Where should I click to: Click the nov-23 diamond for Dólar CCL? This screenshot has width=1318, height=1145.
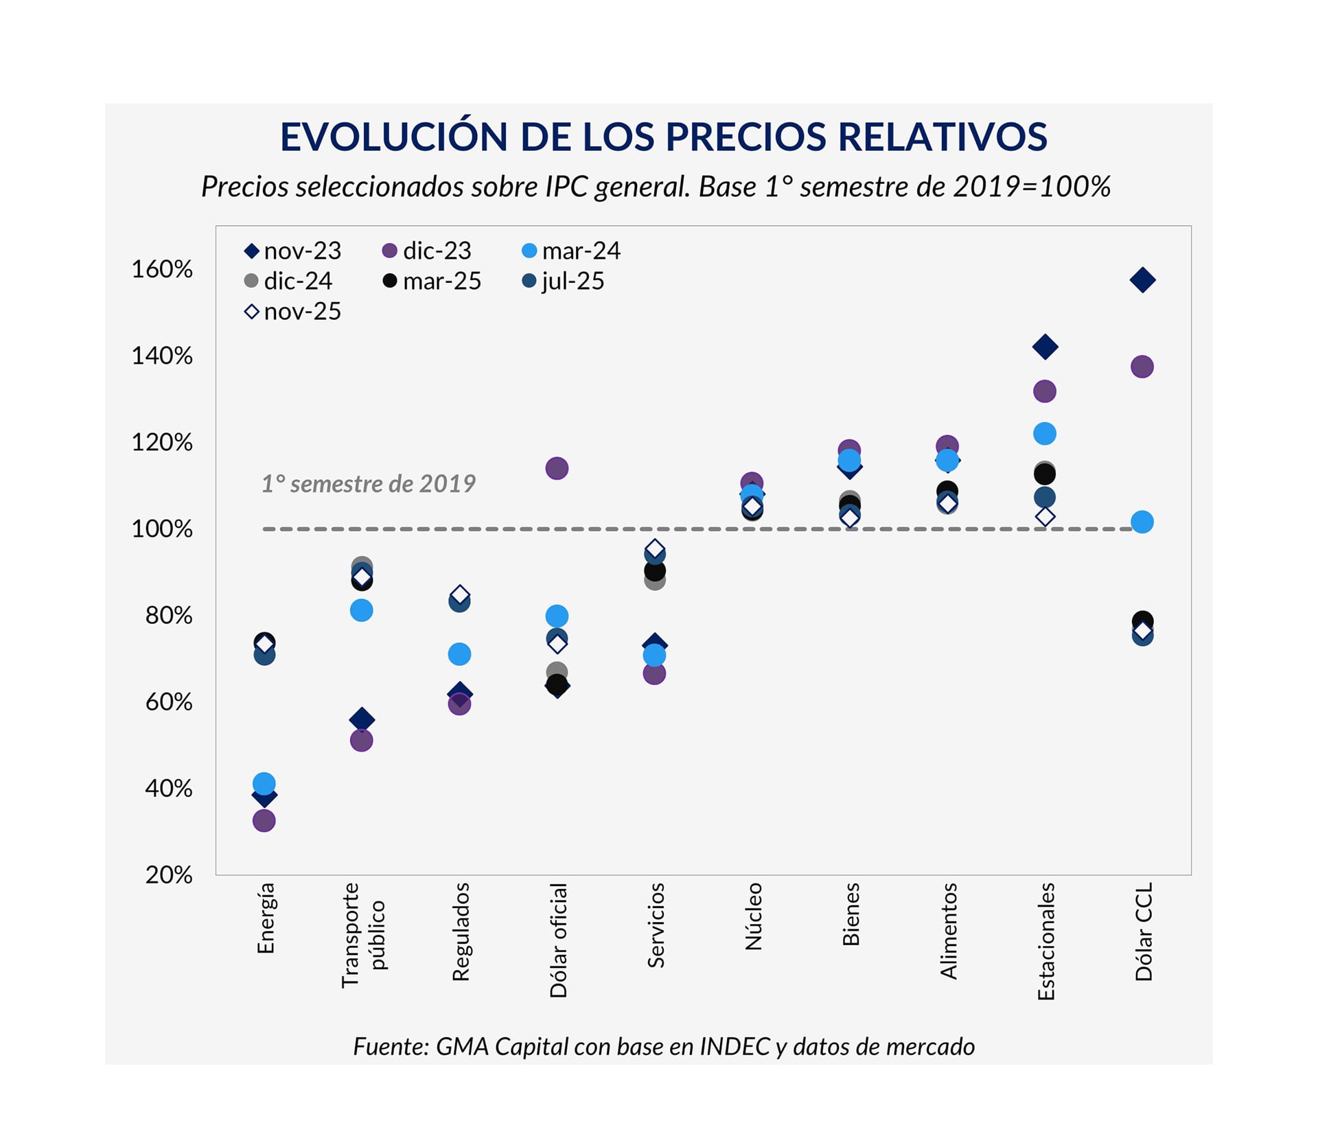[x=1142, y=280]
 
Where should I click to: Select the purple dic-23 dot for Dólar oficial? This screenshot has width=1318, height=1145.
[x=557, y=469]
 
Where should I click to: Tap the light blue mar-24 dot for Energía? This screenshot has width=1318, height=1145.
[x=264, y=783]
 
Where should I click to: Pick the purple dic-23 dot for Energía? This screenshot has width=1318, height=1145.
[x=264, y=820]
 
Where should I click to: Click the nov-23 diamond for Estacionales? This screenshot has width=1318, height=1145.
[x=1045, y=347]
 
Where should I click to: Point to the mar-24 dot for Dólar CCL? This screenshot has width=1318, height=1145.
[x=1142, y=522]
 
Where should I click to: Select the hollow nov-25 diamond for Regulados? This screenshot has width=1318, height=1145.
[x=459, y=594]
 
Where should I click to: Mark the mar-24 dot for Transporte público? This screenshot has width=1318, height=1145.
[x=362, y=610]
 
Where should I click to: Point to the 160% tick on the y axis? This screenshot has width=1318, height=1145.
[x=162, y=269]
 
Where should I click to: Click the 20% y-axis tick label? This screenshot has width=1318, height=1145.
[x=168, y=875]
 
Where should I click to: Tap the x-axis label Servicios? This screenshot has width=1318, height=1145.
[x=656, y=925]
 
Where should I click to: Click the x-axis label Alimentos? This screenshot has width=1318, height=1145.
[x=948, y=930]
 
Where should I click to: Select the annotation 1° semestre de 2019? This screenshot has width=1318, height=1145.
[x=369, y=484]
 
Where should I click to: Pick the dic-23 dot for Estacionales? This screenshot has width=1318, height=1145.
[x=1045, y=391]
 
